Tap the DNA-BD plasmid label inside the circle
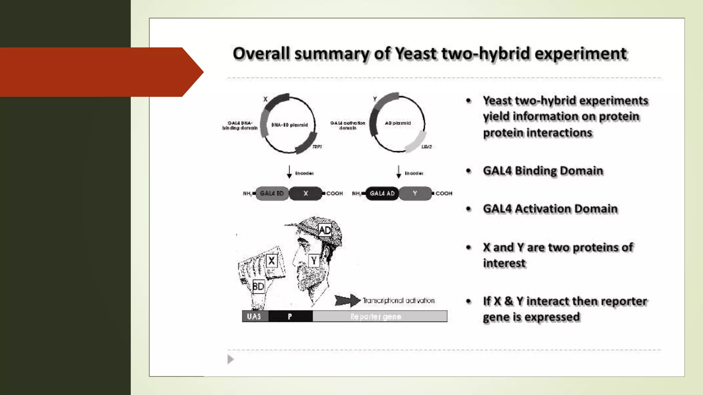click(289, 125)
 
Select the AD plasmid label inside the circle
click(397, 123)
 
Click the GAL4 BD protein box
click(272, 193)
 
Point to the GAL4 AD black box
click(382, 193)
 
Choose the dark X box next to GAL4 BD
click(306, 193)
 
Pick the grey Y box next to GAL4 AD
click(415, 193)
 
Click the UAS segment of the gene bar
click(254, 316)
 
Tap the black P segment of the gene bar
click(290, 316)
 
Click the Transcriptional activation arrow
click(347, 300)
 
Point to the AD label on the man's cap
click(324, 230)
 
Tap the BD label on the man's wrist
click(258, 286)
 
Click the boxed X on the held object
click(271, 261)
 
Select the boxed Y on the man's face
click(314, 261)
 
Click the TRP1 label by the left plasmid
click(317, 147)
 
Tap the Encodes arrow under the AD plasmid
click(399, 172)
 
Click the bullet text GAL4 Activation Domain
click(550, 209)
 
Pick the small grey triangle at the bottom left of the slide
click(230, 359)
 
